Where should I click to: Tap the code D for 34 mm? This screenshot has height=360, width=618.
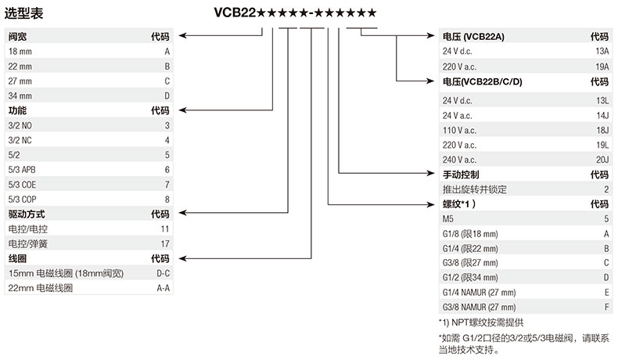(x=167, y=95)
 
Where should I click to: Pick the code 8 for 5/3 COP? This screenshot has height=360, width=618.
(x=167, y=199)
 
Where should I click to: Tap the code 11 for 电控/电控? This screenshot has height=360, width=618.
(x=164, y=229)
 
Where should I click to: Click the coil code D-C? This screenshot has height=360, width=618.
(x=163, y=273)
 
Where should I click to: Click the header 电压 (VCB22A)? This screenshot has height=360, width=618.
(x=473, y=37)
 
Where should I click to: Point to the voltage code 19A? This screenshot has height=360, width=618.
(x=601, y=67)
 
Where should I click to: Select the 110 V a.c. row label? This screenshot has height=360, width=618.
(x=459, y=130)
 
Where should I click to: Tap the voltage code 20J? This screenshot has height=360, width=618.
(x=602, y=160)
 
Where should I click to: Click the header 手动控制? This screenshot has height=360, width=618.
(x=461, y=175)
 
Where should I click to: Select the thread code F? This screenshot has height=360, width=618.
(x=605, y=307)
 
